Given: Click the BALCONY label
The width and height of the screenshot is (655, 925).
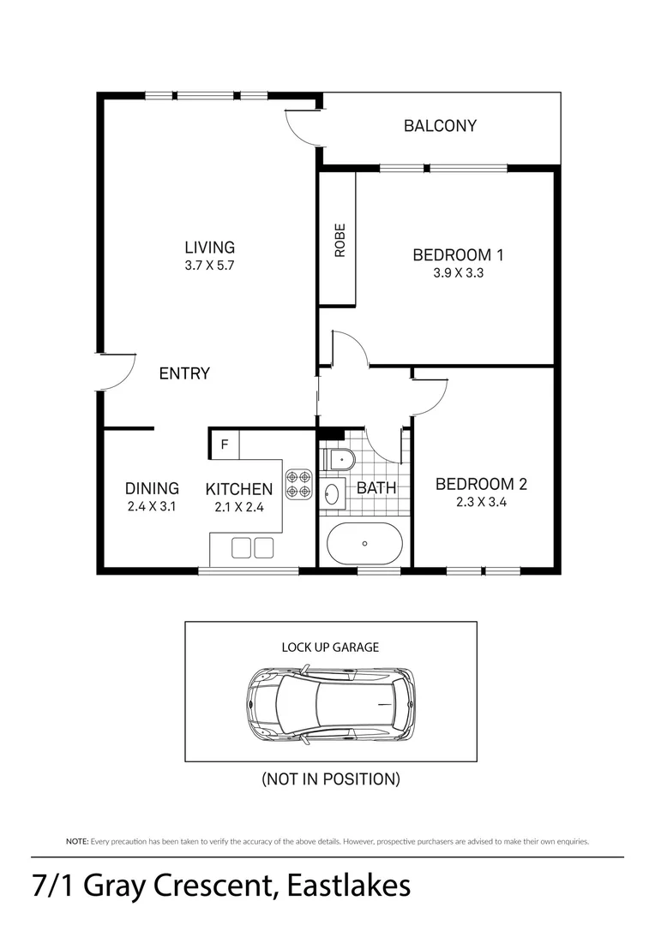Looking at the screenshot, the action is [440, 126].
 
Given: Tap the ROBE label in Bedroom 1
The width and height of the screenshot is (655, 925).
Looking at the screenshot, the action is [340, 240].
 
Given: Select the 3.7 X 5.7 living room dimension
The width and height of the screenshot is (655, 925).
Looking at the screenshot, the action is [210, 266].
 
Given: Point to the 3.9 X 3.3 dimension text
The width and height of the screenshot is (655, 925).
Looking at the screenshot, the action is [459, 273].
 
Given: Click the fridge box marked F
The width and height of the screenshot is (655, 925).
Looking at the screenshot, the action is [225, 445].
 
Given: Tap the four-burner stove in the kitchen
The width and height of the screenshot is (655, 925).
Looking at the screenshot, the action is [299, 484].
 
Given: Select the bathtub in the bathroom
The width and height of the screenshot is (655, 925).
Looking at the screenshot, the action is [365, 543].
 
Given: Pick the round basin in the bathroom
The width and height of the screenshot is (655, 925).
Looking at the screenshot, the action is [333, 492].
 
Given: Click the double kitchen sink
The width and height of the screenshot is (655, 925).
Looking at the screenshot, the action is [252, 547].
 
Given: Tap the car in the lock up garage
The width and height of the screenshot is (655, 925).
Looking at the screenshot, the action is [331, 706].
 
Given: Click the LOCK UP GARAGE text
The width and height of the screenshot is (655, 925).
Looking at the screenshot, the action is [330, 647].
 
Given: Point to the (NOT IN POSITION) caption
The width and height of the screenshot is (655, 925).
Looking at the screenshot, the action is [331, 779].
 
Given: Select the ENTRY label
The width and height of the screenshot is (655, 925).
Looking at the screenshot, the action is [184, 373].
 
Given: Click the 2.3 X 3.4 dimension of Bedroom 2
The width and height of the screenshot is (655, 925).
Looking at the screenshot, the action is [481, 503].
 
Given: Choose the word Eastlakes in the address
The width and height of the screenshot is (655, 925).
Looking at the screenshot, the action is [349, 886].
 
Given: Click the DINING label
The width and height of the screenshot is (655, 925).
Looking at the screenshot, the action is [152, 488].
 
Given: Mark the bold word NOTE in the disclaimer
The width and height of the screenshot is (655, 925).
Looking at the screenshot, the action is [77, 842].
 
